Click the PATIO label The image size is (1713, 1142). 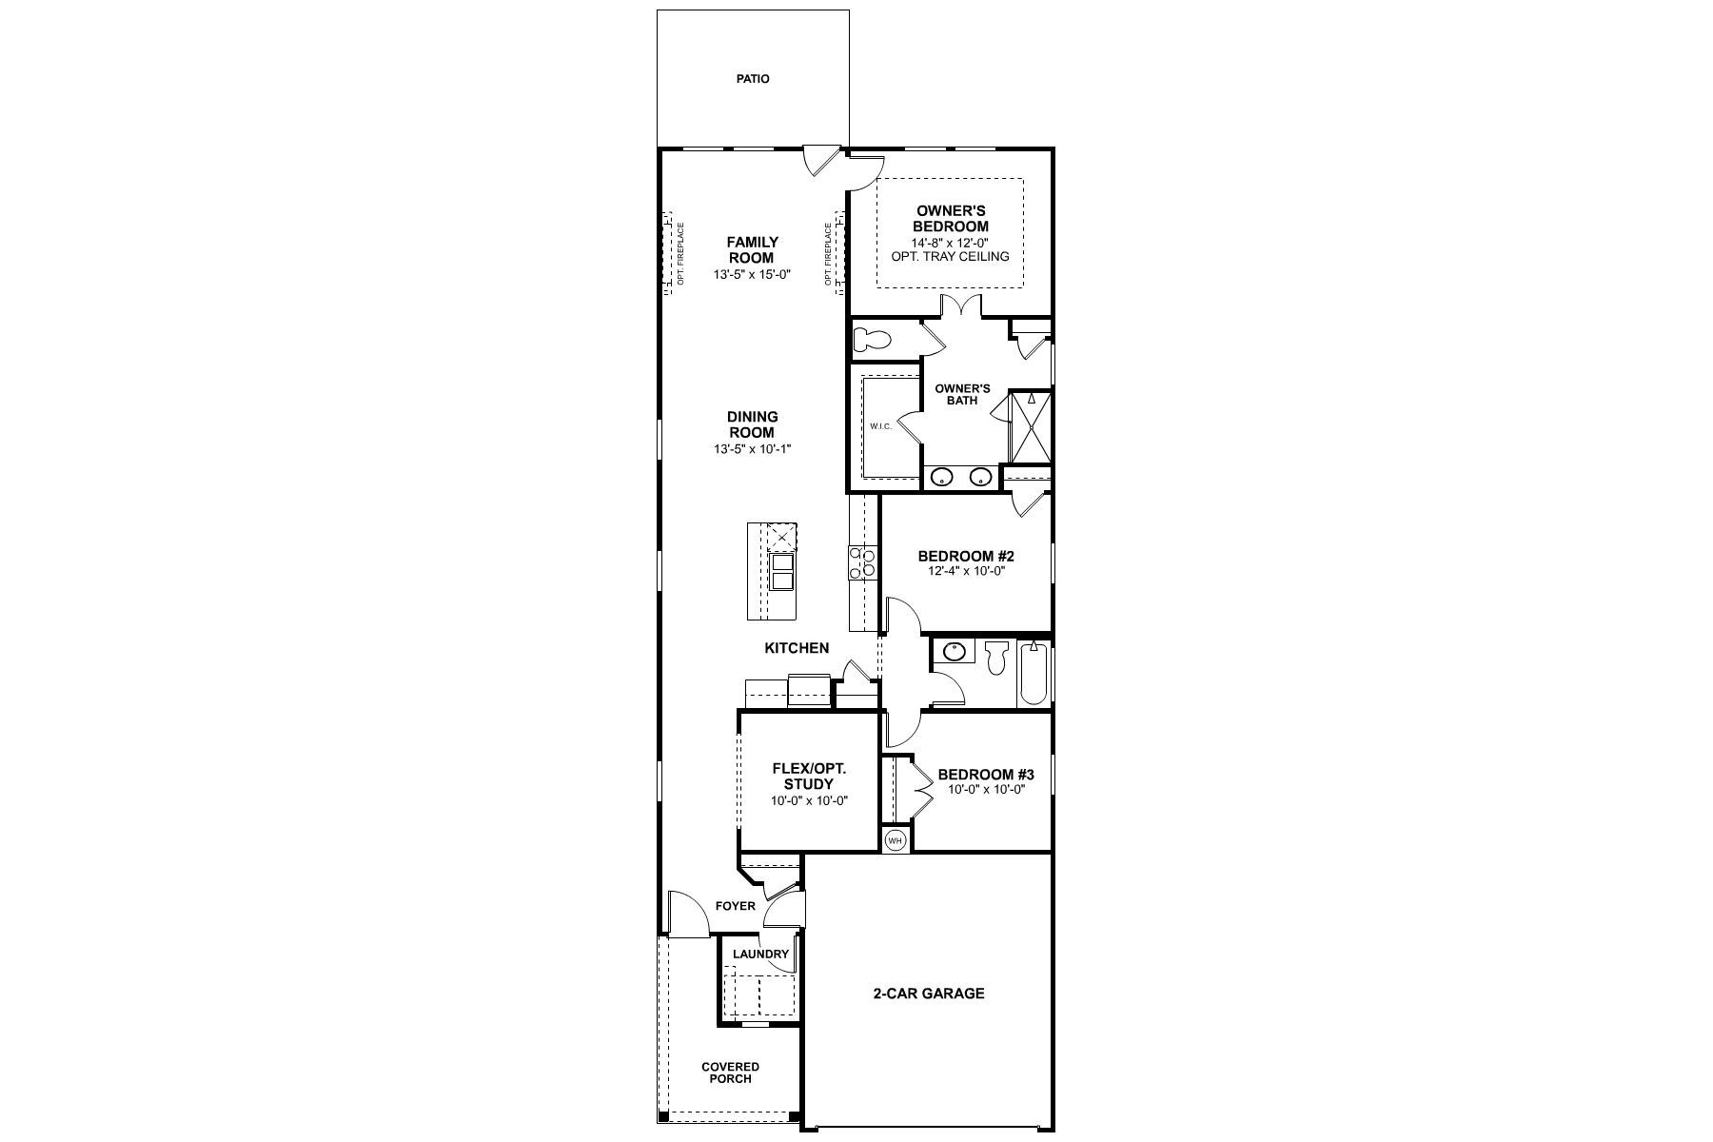pos(752,79)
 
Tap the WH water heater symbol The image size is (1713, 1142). pos(895,841)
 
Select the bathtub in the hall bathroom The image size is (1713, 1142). pos(1034,673)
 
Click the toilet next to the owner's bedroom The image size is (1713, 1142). pos(871,339)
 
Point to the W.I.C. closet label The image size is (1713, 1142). pos(879,425)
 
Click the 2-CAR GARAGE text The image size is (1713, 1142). pos(929,994)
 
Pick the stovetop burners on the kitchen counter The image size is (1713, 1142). pos(862,561)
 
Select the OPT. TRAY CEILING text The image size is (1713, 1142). pos(950,256)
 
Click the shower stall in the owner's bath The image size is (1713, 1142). pos(1031,425)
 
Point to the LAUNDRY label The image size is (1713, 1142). pos(760,955)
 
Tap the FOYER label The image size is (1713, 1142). pos(735,906)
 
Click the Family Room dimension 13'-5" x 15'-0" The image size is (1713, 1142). pos(753,275)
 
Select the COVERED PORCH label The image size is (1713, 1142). pos(731,1073)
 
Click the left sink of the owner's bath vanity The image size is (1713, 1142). pos(942,477)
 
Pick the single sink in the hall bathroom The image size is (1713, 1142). pos(953,652)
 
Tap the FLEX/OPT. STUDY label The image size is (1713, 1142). pos(809,777)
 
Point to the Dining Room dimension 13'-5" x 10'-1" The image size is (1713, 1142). pos(753,448)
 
